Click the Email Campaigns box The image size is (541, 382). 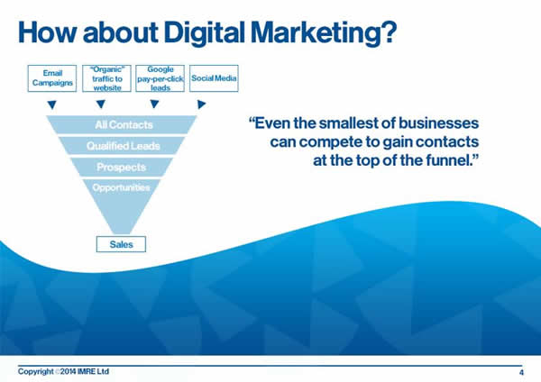52,78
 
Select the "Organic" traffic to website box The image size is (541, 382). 106,78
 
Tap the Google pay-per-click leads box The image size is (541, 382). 160,78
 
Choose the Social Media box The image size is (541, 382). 214,78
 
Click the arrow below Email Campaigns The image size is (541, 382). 52,105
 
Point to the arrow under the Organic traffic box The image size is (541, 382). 101,105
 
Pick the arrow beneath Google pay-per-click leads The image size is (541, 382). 154,105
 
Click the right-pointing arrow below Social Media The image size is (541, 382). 201,105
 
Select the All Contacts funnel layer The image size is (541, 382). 122,125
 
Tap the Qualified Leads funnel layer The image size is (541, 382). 122,146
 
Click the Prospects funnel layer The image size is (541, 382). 122,168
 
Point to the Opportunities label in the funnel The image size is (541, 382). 121,187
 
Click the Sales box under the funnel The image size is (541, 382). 121,244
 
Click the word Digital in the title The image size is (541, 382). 205,33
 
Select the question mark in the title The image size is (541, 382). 390,32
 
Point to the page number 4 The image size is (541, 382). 521,372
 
